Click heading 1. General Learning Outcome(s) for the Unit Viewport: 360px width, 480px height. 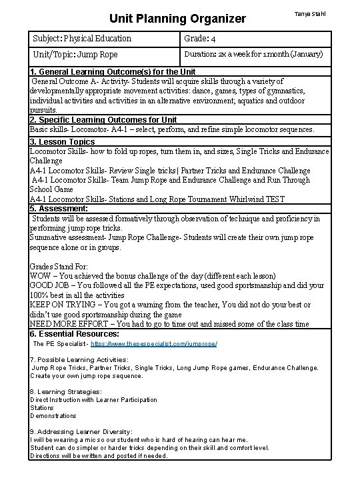[113, 72]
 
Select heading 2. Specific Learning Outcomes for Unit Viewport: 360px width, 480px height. [104, 120]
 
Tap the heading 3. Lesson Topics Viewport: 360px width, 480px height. [63, 142]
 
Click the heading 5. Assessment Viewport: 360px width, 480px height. [59, 209]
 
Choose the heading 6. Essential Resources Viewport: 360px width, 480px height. [75, 333]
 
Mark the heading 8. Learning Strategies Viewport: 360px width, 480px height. [65, 392]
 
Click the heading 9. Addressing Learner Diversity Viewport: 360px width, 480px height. [81, 432]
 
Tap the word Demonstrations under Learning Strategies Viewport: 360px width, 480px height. [53, 416]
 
